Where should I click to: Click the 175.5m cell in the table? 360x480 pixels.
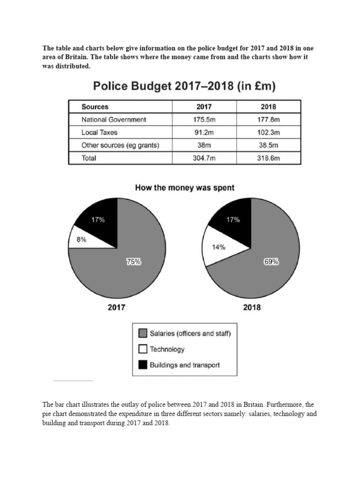click(x=204, y=120)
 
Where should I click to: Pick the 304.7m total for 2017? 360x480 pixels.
click(x=204, y=158)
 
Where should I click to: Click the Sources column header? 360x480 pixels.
click(x=95, y=107)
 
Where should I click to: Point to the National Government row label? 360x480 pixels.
click(x=114, y=120)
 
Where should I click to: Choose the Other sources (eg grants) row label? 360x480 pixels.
click(x=120, y=145)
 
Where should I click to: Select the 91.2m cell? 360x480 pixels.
click(x=204, y=133)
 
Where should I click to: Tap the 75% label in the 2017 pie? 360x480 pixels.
click(x=133, y=263)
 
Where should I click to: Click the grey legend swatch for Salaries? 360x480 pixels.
click(x=143, y=334)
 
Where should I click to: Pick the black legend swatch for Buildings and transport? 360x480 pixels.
click(x=143, y=365)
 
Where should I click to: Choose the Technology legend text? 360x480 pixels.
click(x=167, y=349)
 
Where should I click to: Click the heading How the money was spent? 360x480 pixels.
click(x=185, y=188)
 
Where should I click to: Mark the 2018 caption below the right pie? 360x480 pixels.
click(x=252, y=308)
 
